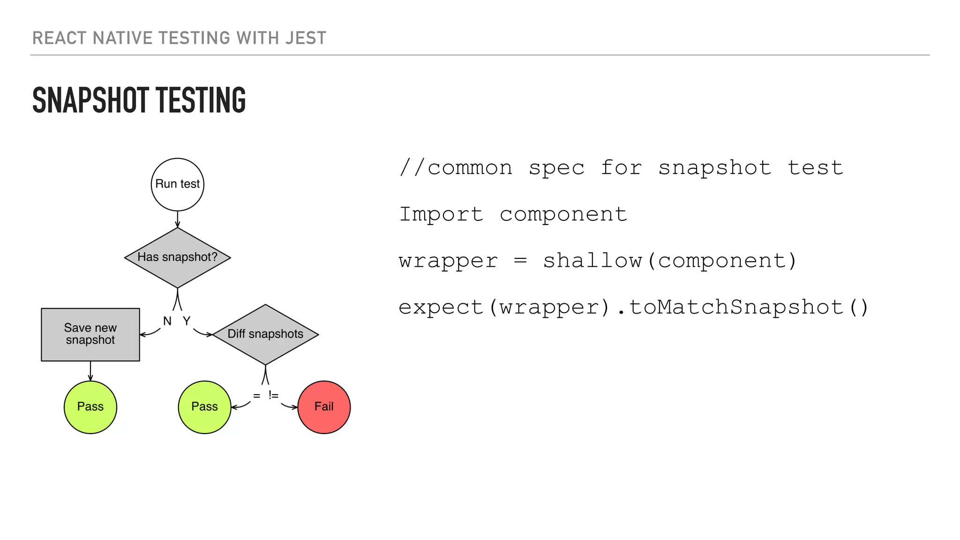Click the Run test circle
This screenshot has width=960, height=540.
click(x=177, y=184)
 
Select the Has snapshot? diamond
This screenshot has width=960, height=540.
click(x=177, y=257)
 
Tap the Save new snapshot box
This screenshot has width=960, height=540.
click(x=90, y=334)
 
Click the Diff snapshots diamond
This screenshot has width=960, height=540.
click(x=265, y=334)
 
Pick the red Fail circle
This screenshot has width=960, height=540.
click(x=324, y=407)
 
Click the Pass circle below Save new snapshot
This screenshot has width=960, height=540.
click(x=90, y=407)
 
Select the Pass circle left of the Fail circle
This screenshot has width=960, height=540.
click(x=204, y=407)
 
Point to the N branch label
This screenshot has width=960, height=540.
click(x=167, y=321)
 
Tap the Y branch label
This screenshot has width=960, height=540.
click(x=187, y=321)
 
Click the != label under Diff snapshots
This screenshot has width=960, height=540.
click(x=273, y=395)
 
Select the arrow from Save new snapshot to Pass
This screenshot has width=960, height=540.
click(x=90, y=371)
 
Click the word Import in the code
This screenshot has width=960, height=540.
click(x=441, y=215)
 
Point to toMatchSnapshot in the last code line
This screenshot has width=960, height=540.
click(x=736, y=307)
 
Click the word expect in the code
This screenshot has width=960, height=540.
click(x=441, y=307)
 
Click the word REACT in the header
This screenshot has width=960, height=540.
click(x=60, y=38)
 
